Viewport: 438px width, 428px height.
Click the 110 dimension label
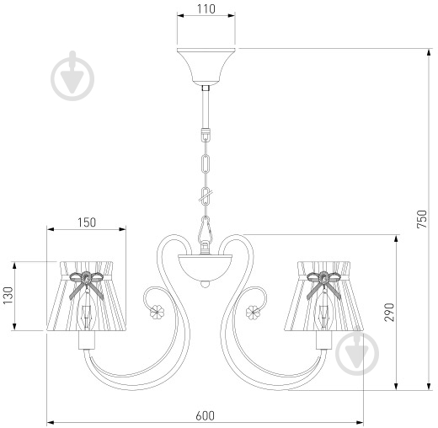click(x=206, y=9)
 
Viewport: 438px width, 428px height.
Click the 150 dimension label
click(x=87, y=222)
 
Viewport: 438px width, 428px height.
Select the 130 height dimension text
click(x=8, y=295)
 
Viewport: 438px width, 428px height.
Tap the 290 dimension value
click(x=389, y=313)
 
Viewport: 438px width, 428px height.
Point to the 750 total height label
click(x=422, y=219)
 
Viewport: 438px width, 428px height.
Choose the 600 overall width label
click(x=205, y=415)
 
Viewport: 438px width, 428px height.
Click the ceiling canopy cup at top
click(x=206, y=67)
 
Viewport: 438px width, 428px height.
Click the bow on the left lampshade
click(x=87, y=284)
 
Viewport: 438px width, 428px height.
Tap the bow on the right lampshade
click(x=324, y=284)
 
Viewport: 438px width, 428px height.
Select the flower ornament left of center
click(x=157, y=311)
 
